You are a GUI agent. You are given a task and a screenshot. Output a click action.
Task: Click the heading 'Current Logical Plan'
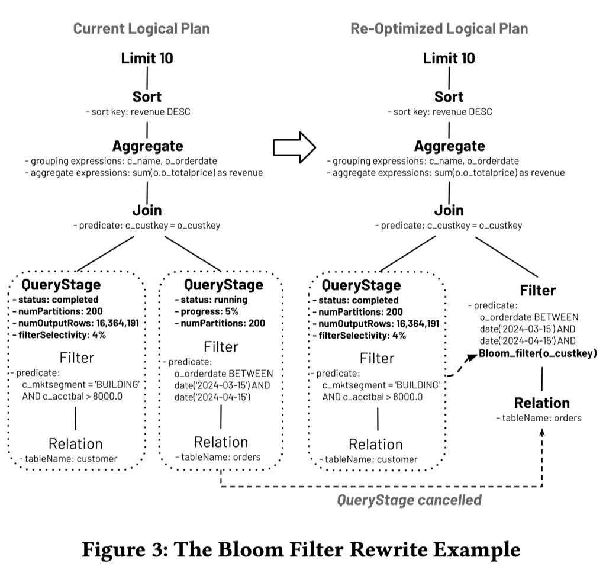point(141,28)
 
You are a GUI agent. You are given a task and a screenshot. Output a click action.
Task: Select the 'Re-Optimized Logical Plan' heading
point(439,28)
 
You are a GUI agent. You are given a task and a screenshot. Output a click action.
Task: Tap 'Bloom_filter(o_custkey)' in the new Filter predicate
point(538,353)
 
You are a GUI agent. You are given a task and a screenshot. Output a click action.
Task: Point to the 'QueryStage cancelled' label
point(409,500)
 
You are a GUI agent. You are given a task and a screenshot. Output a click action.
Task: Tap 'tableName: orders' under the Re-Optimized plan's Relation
point(539,418)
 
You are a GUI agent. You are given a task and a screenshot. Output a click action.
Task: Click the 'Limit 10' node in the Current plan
point(147,58)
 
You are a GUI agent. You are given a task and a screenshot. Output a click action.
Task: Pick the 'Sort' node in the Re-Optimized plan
point(449,96)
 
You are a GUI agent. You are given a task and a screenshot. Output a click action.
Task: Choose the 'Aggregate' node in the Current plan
point(147,146)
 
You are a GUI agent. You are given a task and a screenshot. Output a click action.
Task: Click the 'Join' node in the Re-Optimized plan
point(449,210)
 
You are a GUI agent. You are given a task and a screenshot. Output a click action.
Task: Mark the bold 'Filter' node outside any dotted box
point(537,290)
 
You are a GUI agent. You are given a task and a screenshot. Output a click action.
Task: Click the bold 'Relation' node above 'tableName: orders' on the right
point(541,403)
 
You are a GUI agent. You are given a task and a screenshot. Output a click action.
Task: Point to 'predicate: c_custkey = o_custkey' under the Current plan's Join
point(147,226)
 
